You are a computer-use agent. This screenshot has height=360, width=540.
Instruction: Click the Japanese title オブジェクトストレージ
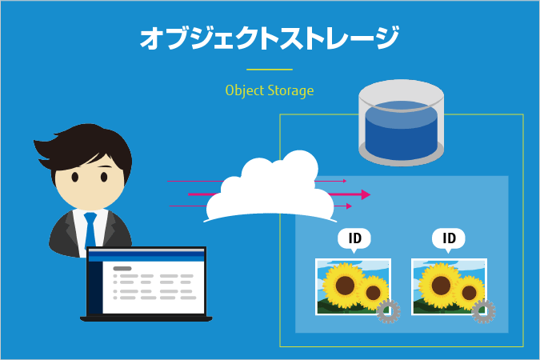tap(269, 38)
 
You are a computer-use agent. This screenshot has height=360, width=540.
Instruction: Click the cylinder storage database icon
tap(401, 120)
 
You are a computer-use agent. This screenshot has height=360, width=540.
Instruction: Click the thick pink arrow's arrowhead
tap(366, 194)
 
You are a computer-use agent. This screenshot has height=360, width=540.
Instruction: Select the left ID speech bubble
tap(355, 238)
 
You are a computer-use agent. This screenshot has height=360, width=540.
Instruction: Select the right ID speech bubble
tap(449, 238)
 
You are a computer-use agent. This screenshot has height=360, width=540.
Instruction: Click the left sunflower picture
tap(350, 286)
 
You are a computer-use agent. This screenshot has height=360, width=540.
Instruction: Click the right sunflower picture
tap(446, 286)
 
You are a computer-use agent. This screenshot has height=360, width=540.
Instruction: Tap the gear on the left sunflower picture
tap(388, 311)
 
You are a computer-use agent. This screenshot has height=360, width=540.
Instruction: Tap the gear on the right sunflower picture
tap(483, 311)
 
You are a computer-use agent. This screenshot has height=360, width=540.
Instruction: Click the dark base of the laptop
tap(146, 318)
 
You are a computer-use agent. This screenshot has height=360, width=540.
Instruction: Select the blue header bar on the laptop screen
tap(146, 258)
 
